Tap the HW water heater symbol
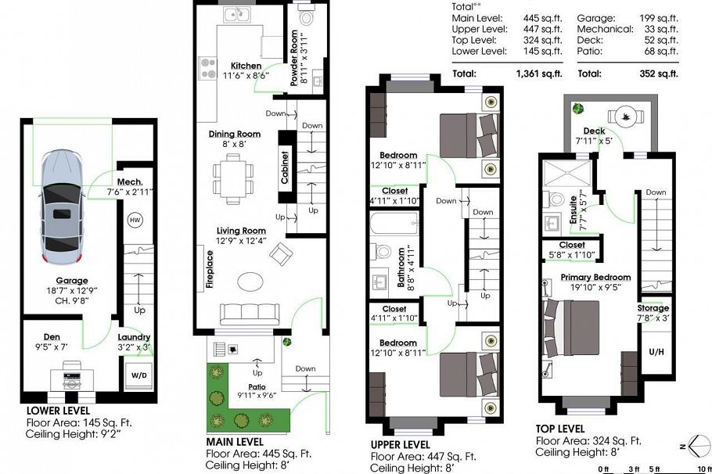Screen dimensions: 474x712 click(135, 220)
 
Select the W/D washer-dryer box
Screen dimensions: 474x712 click(138, 375)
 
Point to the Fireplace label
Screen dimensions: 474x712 click(210, 270)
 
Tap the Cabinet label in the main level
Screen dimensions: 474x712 click(285, 166)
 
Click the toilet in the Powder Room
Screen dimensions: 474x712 click(306, 16)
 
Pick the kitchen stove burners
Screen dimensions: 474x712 click(208, 67)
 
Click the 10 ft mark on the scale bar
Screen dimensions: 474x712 click(703, 469)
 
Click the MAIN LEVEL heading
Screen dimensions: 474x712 click(236, 440)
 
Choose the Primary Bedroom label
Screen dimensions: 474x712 click(595, 278)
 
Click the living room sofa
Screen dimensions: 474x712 click(249, 314)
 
